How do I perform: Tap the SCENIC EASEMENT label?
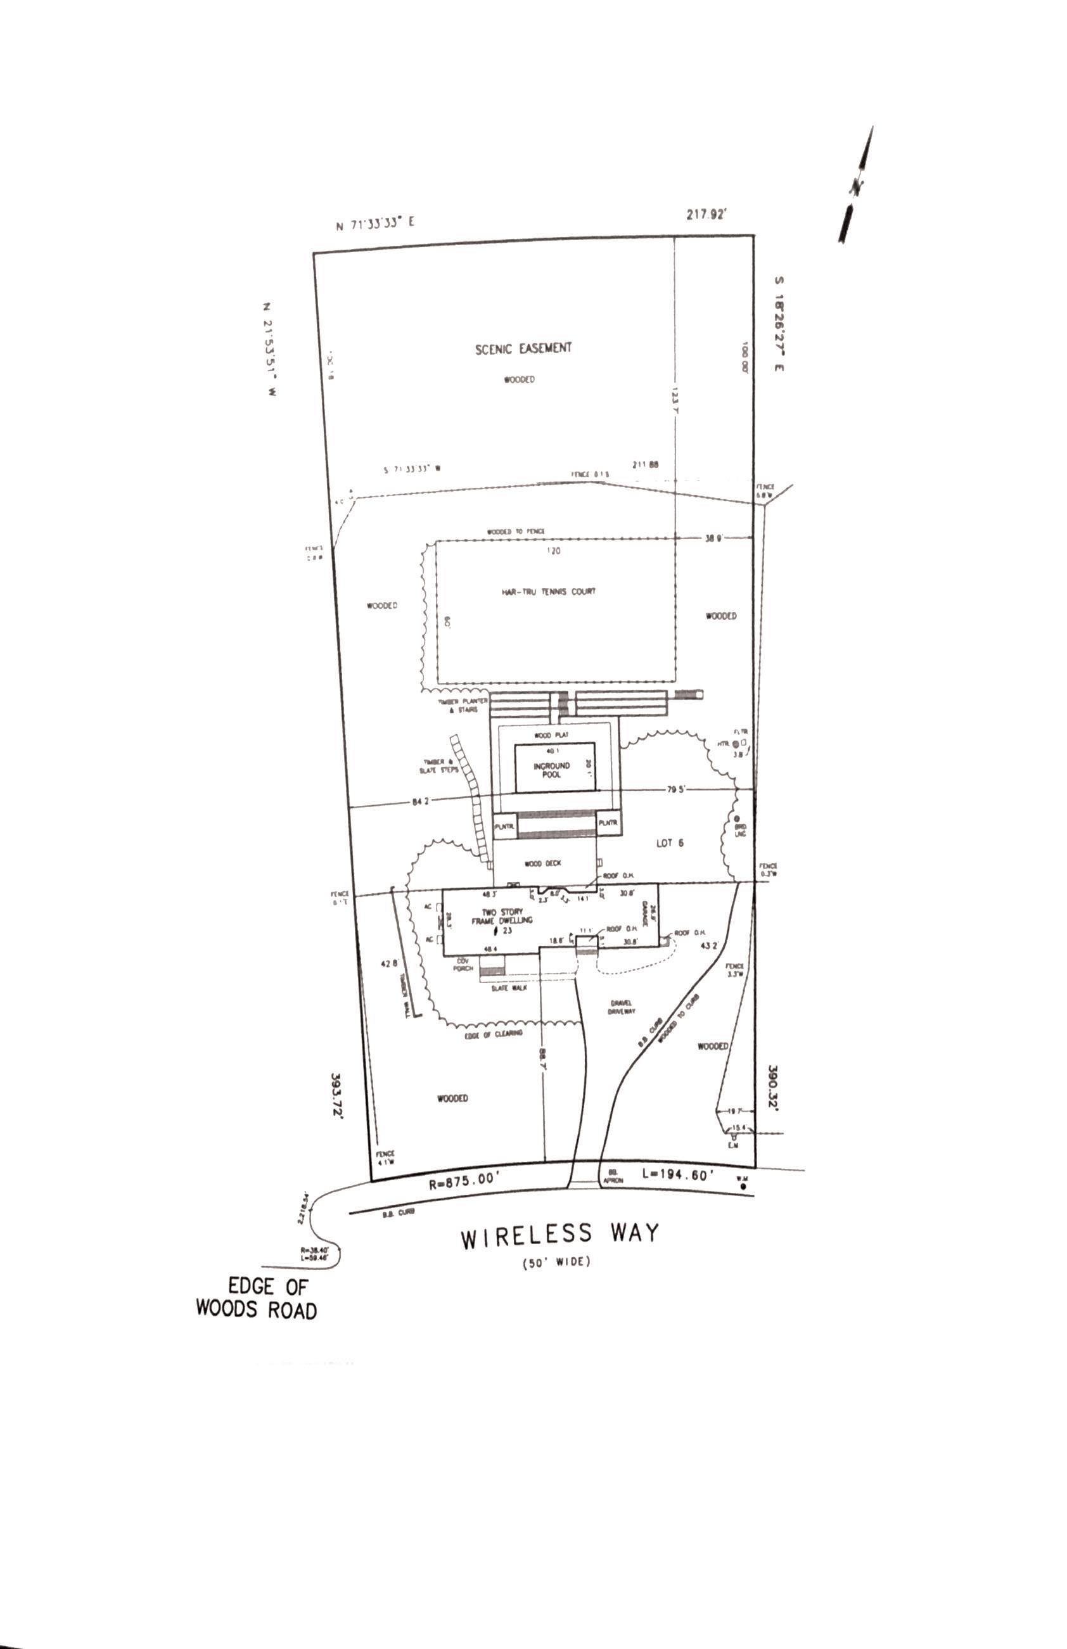click(x=523, y=348)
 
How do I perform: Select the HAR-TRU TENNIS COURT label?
click(x=549, y=592)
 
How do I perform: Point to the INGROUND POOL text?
click(x=551, y=770)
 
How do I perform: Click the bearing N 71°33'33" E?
click(x=375, y=224)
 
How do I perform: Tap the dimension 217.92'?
click(x=706, y=215)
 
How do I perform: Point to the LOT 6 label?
click(x=669, y=843)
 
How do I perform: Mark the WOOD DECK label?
click(x=542, y=863)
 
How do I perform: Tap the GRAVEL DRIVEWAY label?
click(x=622, y=1007)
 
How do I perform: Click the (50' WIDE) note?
click(x=556, y=1262)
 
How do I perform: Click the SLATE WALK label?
click(x=509, y=988)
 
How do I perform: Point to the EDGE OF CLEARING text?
click(x=494, y=1034)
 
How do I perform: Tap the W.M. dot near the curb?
click(x=743, y=1187)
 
